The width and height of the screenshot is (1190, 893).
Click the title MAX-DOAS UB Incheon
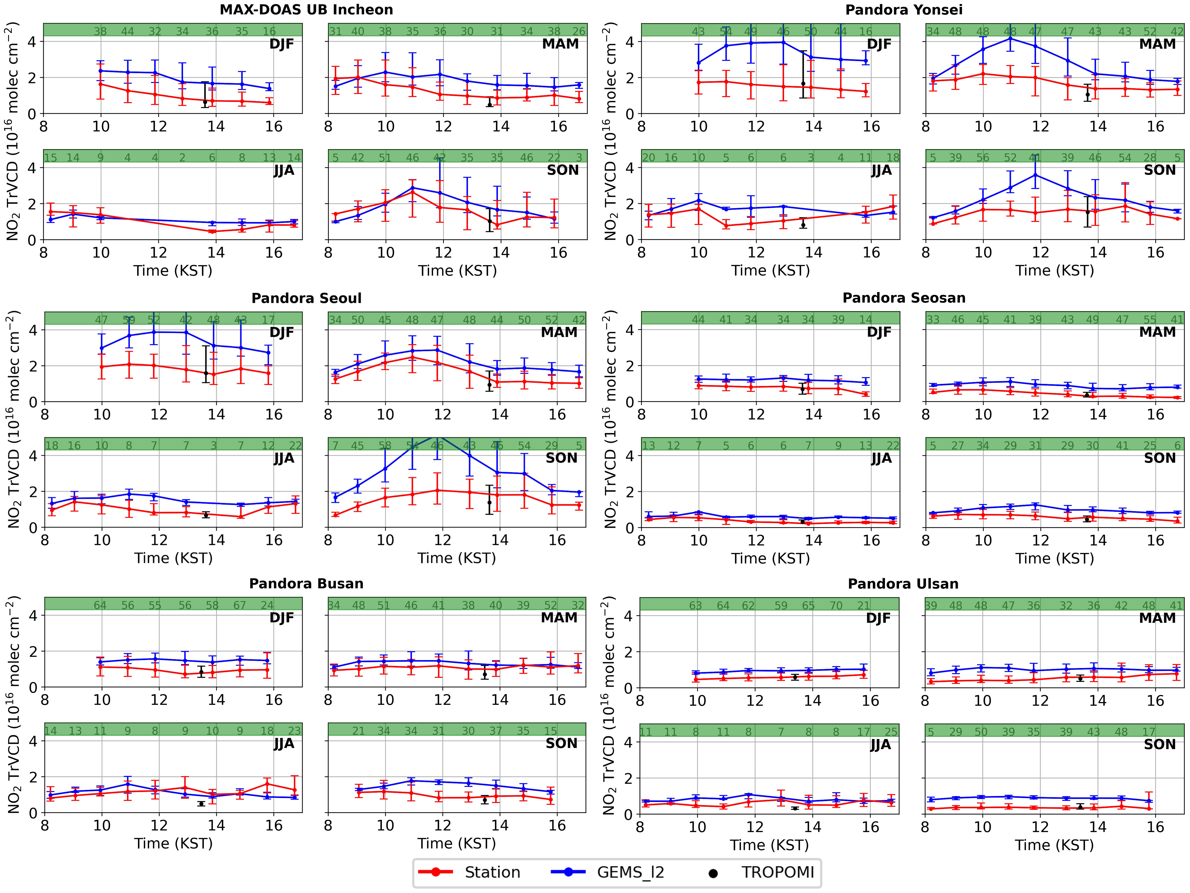(x=306, y=10)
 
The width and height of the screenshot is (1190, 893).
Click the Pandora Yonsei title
(x=904, y=10)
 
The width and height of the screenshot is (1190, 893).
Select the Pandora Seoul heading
(x=306, y=298)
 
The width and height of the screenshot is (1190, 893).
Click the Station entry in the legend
(x=492, y=873)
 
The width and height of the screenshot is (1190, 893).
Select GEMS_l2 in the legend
(x=630, y=873)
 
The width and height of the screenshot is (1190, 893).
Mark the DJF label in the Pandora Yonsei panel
(x=879, y=44)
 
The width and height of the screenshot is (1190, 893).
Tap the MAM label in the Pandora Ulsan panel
(x=1157, y=618)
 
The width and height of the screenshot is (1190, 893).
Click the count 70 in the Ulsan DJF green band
(x=835, y=606)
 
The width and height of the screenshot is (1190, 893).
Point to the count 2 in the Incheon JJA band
(x=182, y=158)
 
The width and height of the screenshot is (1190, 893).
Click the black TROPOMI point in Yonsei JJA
(x=803, y=224)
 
